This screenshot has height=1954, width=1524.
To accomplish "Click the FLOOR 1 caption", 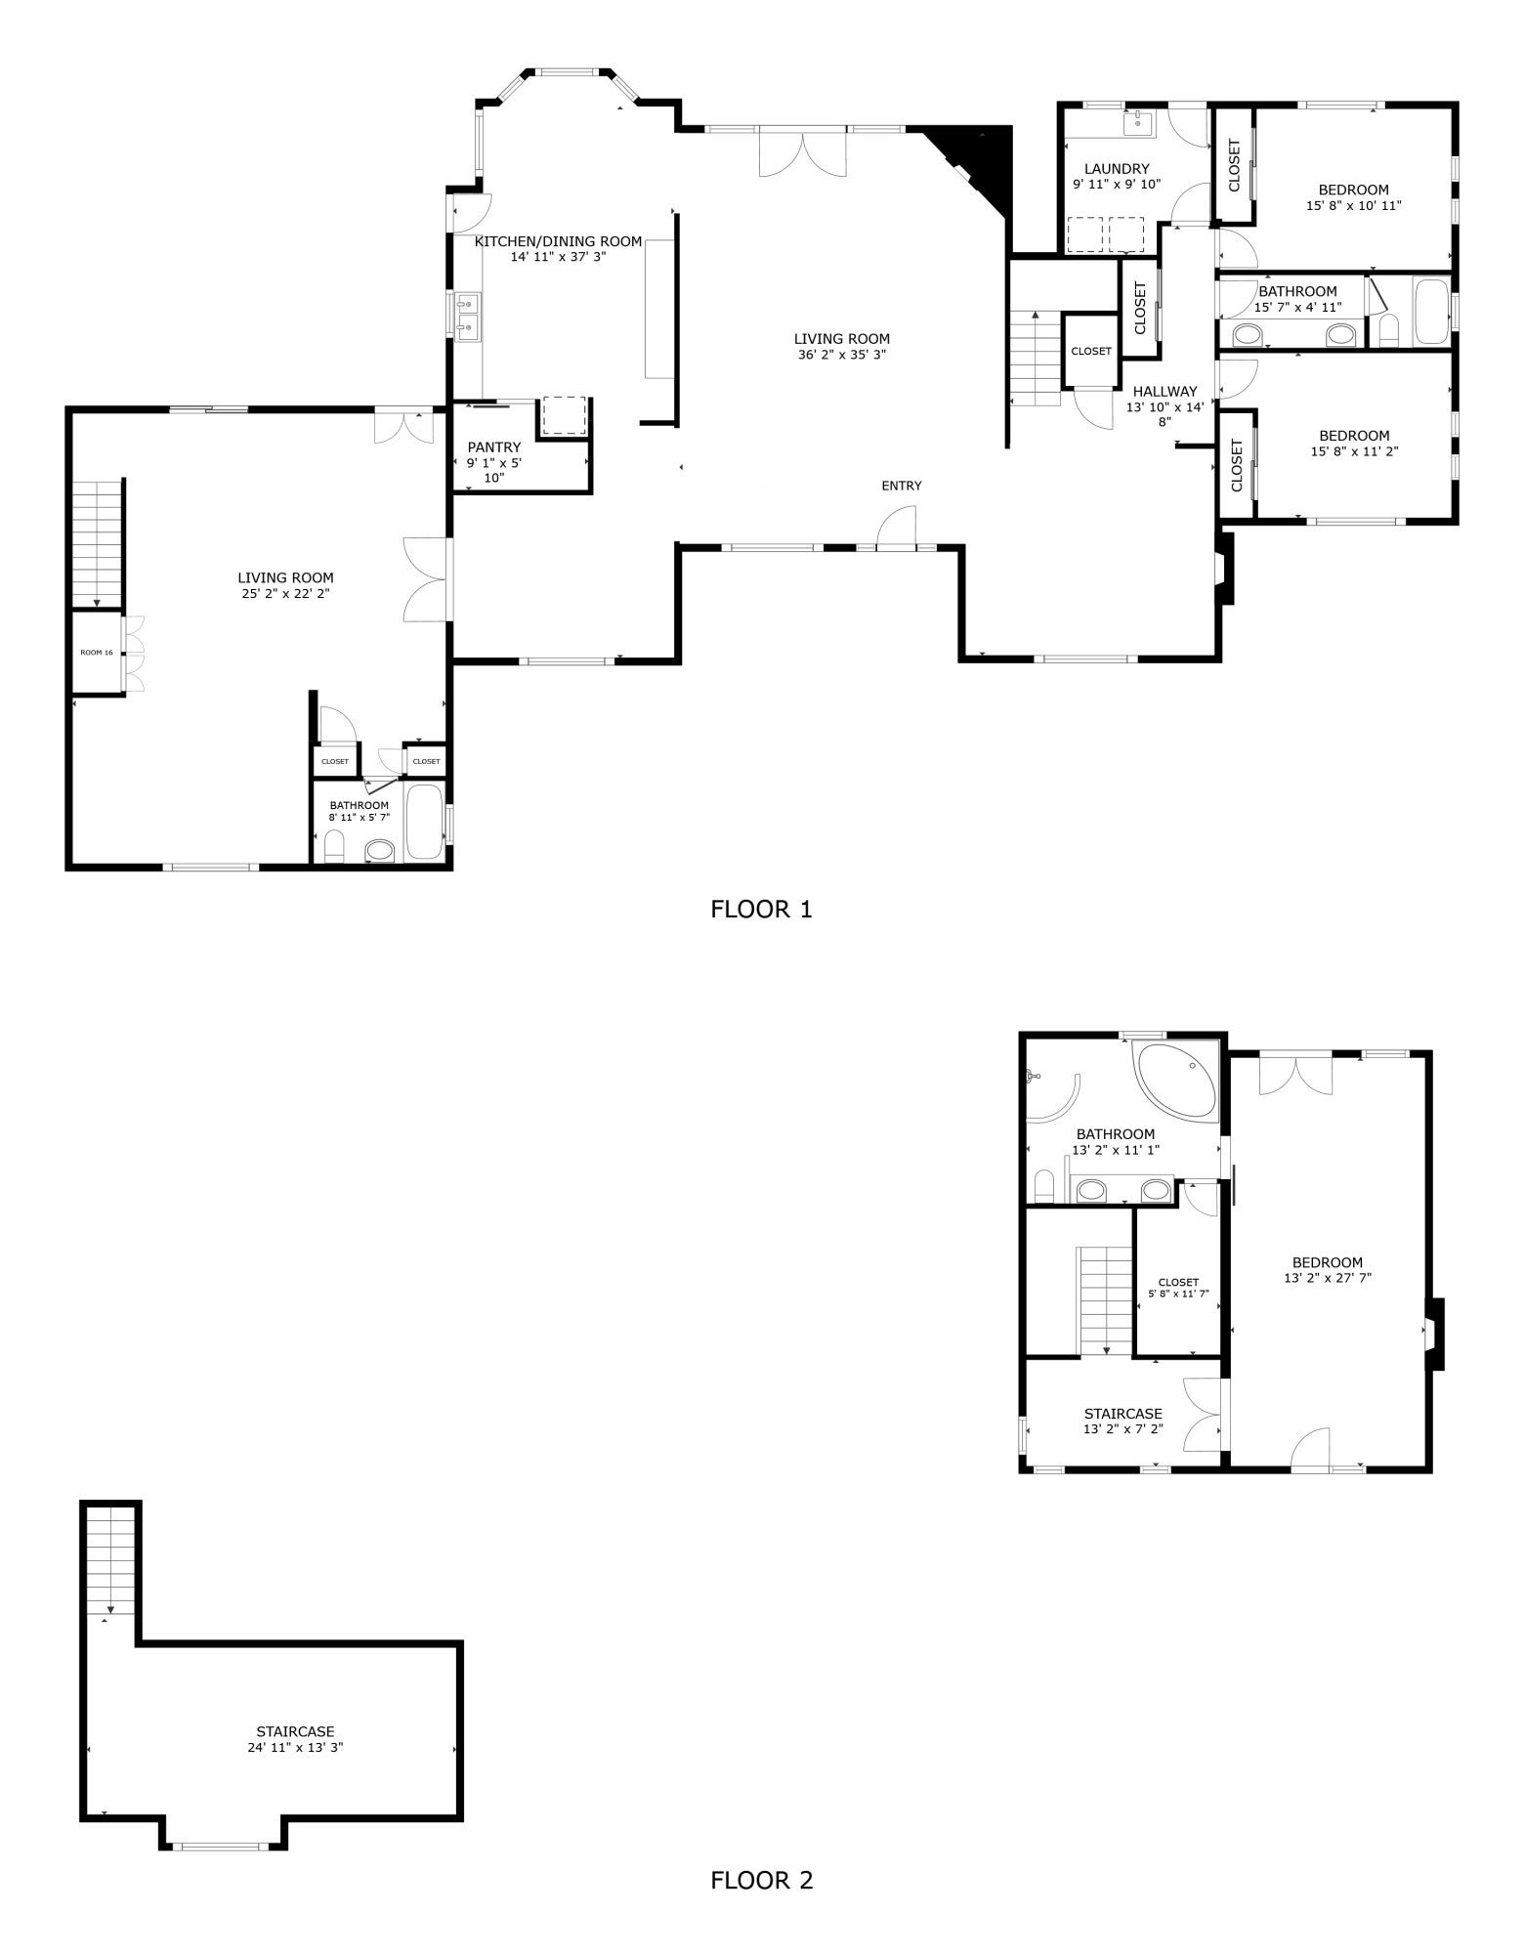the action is click(x=761, y=910).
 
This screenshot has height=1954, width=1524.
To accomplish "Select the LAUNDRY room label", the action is click(x=1117, y=169).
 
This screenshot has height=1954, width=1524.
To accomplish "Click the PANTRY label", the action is click(x=494, y=447).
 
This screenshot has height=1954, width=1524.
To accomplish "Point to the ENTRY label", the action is click(x=901, y=486).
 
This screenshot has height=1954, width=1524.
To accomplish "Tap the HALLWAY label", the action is click(x=1164, y=392).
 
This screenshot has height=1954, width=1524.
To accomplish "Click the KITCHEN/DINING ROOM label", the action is click(x=558, y=241).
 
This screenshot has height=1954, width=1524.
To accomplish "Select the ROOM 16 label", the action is click(x=96, y=652).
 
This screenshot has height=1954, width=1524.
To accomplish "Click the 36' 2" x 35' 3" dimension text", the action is click(x=841, y=355).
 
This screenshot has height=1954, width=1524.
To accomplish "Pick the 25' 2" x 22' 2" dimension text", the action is click(x=285, y=593).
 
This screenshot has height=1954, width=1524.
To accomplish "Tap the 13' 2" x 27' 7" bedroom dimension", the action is click(x=1328, y=1277).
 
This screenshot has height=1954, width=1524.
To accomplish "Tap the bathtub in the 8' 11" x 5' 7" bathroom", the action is click(x=424, y=822).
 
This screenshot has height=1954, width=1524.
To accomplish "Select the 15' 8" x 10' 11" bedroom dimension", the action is click(x=1353, y=206).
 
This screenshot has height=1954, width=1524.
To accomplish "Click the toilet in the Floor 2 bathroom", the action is click(x=1042, y=1187).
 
